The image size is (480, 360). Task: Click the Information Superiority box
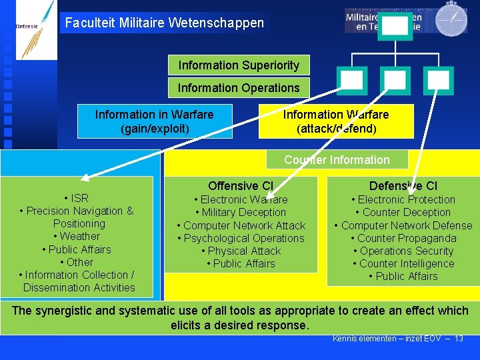coord(239,65)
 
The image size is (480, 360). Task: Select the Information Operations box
coord(239,87)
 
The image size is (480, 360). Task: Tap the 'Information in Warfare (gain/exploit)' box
coord(155,121)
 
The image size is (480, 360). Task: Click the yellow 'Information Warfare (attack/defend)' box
coord(336,121)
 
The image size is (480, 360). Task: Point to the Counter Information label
coord(337,160)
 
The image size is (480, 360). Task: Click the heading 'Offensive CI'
coord(241,186)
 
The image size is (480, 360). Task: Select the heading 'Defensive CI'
coord(403,186)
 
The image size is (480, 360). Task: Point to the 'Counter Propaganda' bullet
coord(403,238)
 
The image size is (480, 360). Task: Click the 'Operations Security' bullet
coord(403,251)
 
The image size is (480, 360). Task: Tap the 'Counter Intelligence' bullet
coord(403,263)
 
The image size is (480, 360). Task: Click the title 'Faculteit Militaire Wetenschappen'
coord(165,23)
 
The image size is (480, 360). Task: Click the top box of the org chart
coord(395,26)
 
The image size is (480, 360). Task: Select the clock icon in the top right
coord(451,19)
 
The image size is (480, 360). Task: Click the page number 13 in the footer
coord(459,339)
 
